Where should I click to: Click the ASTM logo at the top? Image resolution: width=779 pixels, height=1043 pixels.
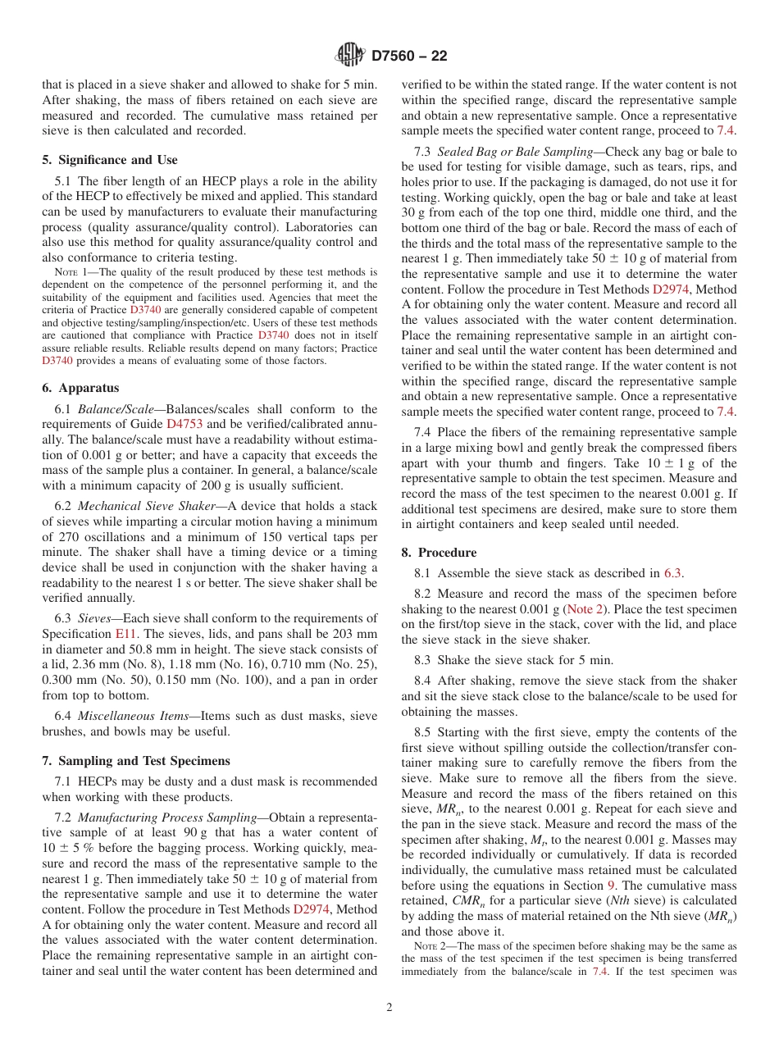[350, 56]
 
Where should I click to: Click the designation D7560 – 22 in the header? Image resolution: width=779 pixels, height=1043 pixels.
[409, 57]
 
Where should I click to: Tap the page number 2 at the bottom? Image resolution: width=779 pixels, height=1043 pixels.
[389, 1008]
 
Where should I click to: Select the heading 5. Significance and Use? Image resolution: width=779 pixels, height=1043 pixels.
[110, 160]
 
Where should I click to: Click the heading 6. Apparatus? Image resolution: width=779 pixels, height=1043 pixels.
[80, 388]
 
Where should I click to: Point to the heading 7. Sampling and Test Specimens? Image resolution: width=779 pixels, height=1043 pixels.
[136, 761]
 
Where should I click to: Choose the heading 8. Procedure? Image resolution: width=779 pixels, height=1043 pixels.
[439, 553]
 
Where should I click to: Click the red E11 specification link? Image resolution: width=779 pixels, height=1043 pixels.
[125, 634]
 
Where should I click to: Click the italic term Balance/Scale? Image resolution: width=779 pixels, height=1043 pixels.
[116, 409]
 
